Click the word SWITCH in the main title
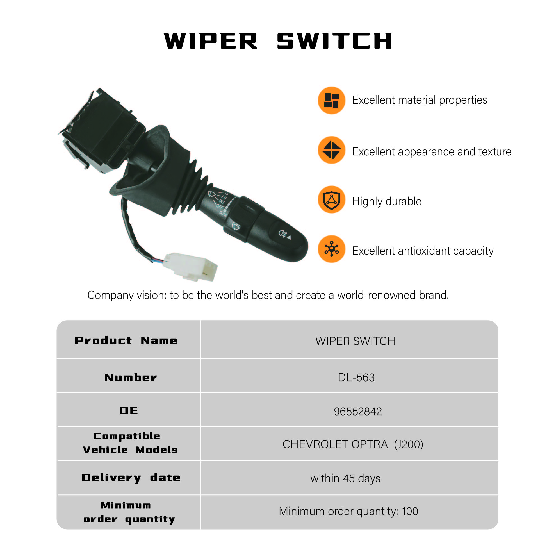point(334,41)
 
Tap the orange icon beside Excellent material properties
point(331,100)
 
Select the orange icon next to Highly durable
point(331,200)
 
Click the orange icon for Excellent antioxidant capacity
point(331,249)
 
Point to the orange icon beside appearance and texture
point(331,150)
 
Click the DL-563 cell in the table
point(356,378)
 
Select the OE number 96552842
point(357,411)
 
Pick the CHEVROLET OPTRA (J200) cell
point(353,444)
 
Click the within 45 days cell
point(345,478)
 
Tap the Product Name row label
point(126,341)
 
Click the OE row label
point(129,411)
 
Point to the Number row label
point(131,378)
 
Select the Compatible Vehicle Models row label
point(130,443)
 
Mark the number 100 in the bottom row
point(410,511)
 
